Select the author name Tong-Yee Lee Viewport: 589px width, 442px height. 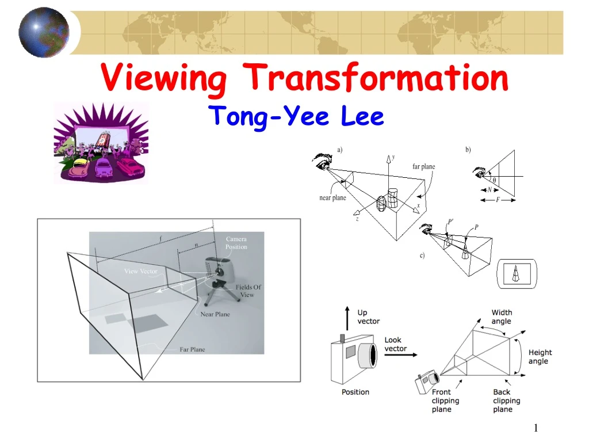click(296, 117)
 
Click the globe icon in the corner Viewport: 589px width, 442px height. click(44, 32)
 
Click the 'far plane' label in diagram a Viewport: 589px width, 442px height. click(423, 167)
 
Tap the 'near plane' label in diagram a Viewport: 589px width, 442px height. click(332, 198)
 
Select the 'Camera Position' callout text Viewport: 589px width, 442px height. click(236, 243)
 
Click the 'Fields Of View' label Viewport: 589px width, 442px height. click(248, 291)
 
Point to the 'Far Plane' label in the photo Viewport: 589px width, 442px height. click(192, 349)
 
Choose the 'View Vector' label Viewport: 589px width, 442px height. click(140, 271)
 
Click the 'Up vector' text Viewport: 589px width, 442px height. click(368, 317)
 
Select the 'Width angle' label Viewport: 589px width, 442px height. click(502, 317)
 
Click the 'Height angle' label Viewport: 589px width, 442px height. click(540, 357)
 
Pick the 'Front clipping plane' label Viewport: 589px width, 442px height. click(445, 401)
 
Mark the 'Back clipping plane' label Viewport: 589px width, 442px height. click(506, 401)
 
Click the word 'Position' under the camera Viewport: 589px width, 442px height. click(355, 392)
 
